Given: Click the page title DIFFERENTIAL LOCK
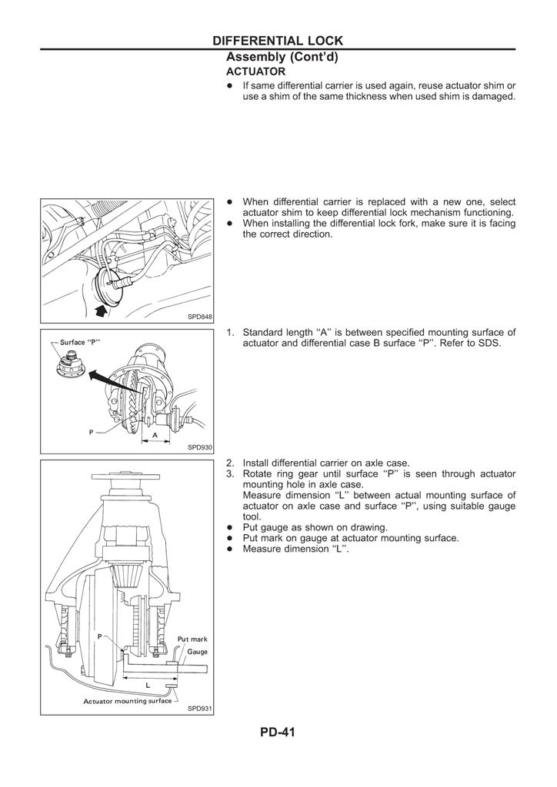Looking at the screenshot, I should pyautogui.click(x=278, y=41).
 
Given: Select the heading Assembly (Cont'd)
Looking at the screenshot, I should pyautogui.click(x=282, y=57).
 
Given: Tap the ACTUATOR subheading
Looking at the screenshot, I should pyautogui.click(x=255, y=71).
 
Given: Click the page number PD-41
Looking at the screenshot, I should pyautogui.click(x=278, y=732).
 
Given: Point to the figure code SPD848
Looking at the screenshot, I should pyautogui.click(x=199, y=317).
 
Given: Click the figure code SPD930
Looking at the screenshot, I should pyautogui.click(x=199, y=447).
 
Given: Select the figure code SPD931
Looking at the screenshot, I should pyautogui.click(x=199, y=709).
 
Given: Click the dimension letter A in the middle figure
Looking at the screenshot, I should pyautogui.click(x=155, y=434).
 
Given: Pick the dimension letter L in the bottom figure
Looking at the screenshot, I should pyautogui.click(x=147, y=684).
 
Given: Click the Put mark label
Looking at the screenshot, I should pyautogui.click(x=192, y=639).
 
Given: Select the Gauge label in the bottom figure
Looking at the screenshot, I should pyautogui.click(x=198, y=652).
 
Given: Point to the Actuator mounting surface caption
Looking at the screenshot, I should pyautogui.click(x=128, y=701).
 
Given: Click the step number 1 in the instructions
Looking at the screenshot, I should pyautogui.click(x=229, y=332).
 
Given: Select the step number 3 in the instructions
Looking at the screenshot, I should pyautogui.click(x=229, y=474).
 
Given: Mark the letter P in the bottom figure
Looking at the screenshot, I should pyautogui.click(x=100, y=636).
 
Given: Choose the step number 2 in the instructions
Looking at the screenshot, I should pyautogui.click(x=229, y=463).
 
